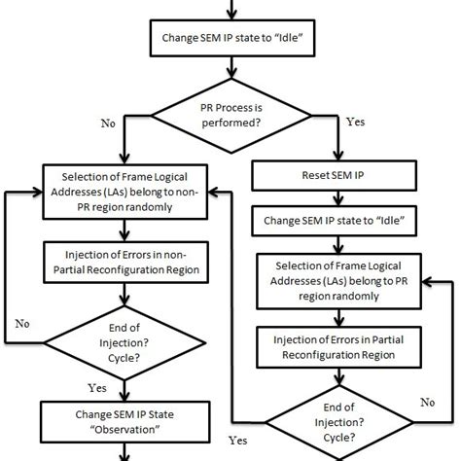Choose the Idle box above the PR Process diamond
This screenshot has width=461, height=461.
click(x=231, y=41)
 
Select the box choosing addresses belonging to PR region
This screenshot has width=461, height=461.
click(x=342, y=277)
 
